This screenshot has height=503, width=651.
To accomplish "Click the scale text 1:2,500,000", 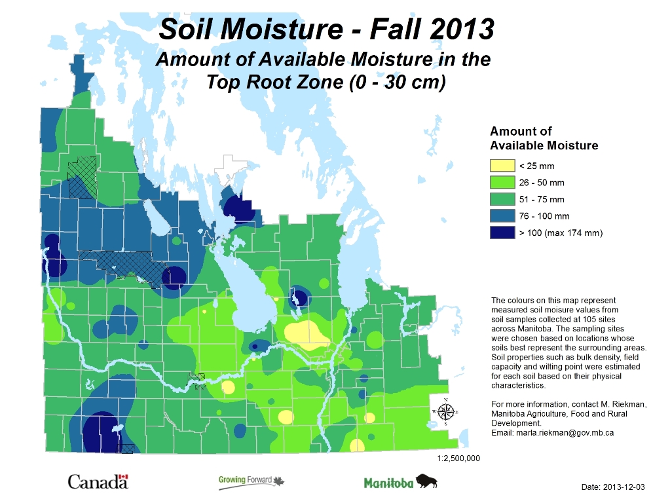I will (458, 458).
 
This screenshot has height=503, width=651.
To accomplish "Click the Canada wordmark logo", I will (98, 483).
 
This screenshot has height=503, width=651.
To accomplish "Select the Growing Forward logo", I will (251, 482).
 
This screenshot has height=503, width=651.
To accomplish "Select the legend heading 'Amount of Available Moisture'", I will (544, 138).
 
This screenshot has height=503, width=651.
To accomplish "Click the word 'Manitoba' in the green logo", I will (388, 483).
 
